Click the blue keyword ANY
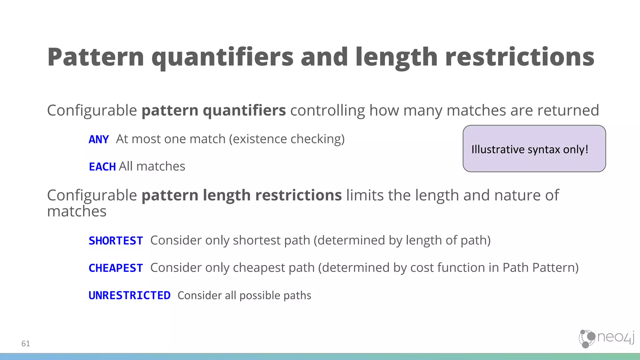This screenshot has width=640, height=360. (99, 139)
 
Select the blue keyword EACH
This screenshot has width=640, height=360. (102, 167)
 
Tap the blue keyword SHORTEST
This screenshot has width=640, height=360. (116, 241)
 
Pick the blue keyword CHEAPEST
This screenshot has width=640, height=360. (116, 268)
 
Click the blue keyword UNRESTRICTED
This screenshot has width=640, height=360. (129, 295)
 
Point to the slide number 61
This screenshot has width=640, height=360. (26, 343)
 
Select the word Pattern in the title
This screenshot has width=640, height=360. (96, 57)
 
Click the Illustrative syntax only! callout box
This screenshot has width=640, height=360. (534, 149)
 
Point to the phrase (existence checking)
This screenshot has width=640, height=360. (287, 139)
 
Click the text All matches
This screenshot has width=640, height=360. (152, 166)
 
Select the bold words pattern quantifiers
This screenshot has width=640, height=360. (213, 110)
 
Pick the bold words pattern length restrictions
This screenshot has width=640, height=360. (242, 195)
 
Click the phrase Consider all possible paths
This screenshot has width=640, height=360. (244, 295)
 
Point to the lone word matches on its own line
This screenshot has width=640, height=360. (77, 212)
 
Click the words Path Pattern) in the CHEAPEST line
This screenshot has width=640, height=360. (540, 268)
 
